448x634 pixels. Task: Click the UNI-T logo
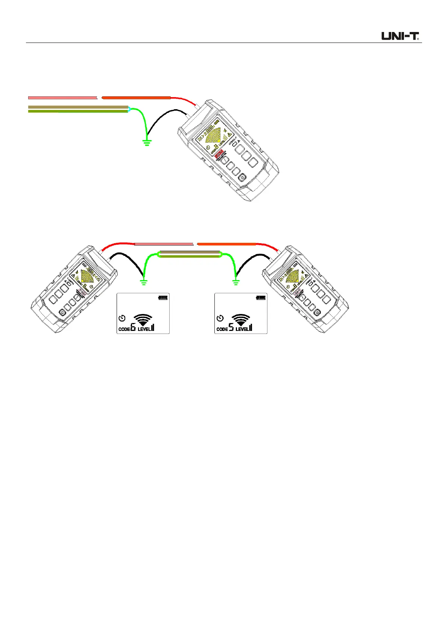click(401, 36)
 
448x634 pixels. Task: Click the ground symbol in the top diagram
click(147, 142)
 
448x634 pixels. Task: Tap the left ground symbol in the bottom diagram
click(143, 282)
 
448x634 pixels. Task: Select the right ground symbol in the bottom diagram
click(236, 282)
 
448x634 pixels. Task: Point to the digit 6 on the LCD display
click(133, 328)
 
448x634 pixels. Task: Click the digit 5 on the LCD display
click(231, 328)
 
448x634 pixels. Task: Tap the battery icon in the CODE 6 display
click(163, 298)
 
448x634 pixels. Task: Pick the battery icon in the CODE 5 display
click(261, 298)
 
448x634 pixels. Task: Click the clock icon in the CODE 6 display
click(122, 319)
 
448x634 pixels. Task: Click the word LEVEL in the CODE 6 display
click(144, 329)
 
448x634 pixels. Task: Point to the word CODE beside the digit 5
click(222, 329)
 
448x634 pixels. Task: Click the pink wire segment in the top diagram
click(62, 98)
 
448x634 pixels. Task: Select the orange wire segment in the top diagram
click(136, 98)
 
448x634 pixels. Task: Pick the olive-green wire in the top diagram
click(78, 111)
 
